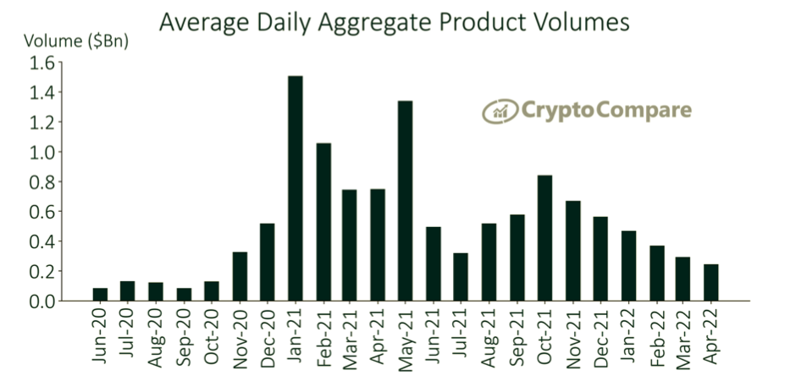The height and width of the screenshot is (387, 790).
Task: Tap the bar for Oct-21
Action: [545, 238]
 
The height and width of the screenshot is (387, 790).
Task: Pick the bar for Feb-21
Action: [323, 222]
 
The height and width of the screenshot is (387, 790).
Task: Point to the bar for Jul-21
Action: [461, 277]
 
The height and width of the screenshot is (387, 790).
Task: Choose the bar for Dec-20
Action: [268, 262]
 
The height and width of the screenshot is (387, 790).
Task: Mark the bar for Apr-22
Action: [710, 283]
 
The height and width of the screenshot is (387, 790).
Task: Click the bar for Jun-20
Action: [101, 295]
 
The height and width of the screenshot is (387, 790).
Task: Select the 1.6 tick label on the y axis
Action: [41, 63]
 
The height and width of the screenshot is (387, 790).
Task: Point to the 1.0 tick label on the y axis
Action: [41, 152]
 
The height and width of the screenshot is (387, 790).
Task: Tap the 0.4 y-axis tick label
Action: [41, 241]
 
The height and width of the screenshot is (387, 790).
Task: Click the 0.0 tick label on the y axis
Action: [41, 301]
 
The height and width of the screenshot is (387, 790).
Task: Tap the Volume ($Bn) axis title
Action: [76, 40]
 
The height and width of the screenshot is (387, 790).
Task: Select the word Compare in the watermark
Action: [644, 110]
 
